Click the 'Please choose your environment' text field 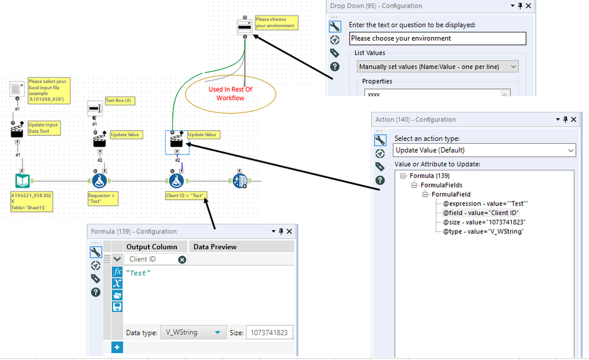[x=437, y=38]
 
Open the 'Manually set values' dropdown [x=437, y=67]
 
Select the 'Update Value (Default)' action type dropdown [x=484, y=150]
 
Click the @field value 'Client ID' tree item [x=481, y=213]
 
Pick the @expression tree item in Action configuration [x=485, y=203]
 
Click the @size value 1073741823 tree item [x=484, y=222]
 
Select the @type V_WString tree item [x=483, y=232]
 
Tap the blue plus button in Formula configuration [x=117, y=347]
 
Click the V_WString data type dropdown [x=193, y=332]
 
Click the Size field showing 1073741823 [x=269, y=332]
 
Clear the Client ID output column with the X [x=182, y=259]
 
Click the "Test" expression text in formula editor [x=138, y=273]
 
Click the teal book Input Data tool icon [x=22, y=181]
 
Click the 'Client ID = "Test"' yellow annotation [x=186, y=196]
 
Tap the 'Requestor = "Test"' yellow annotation [x=103, y=198]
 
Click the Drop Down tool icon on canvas [x=245, y=27]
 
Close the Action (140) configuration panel [x=574, y=120]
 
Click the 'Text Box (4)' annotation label [x=120, y=101]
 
